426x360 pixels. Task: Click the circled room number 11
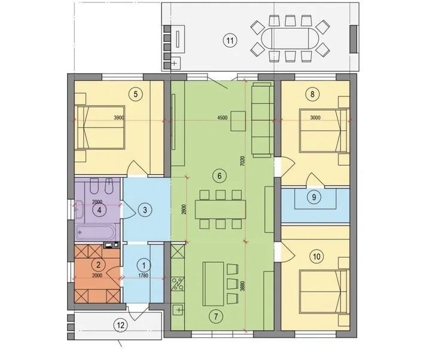click(230, 41)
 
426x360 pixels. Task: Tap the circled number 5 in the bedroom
click(136, 94)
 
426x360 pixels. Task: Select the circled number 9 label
click(314, 196)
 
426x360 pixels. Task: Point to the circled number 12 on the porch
click(121, 325)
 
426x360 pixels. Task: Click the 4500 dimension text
click(223, 118)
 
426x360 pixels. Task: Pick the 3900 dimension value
click(118, 118)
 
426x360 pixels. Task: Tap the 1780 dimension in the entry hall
click(143, 276)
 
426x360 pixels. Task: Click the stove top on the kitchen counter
click(178, 284)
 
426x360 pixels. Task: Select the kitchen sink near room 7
click(178, 310)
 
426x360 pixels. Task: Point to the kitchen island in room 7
click(213, 283)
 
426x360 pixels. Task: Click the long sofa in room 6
click(262, 120)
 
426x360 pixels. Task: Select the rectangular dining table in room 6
click(220, 210)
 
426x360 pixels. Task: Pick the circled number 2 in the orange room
click(98, 264)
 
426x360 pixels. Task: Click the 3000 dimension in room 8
click(315, 118)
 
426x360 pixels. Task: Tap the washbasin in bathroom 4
click(80, 210)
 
